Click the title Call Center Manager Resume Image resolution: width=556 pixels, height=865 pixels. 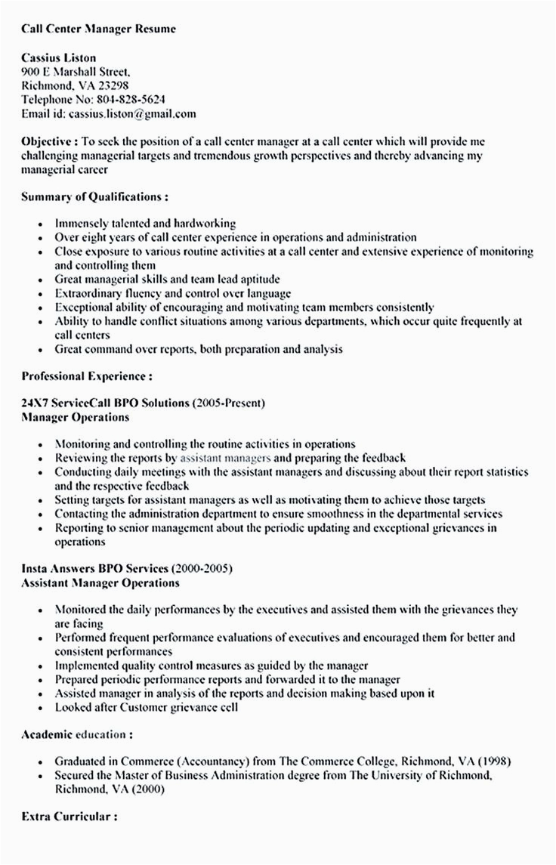pyautogui.click(x=98, y=29)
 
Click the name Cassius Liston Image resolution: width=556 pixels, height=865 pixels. pyautogui.click(x=58, y=57)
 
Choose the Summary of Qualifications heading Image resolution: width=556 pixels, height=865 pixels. pyautogui.click(x=94, y=196)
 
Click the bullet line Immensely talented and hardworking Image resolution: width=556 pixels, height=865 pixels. pyautogui.click(x=145, y=224)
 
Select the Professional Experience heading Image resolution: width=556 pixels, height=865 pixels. pyautogui.click(x=87, y=375)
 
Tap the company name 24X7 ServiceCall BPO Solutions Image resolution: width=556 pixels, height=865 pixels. pyautogui.click(x=105, y=403)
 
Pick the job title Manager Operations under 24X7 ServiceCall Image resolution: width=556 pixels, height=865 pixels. pyautogui.click(x=75, y=416)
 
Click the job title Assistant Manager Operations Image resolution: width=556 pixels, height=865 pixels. pyautogui.click(x=100, y=582)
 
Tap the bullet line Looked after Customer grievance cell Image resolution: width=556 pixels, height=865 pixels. pyautogui.click(x=147, y=707)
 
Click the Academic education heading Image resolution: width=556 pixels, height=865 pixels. pyautogui.click(x=78, y=733)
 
